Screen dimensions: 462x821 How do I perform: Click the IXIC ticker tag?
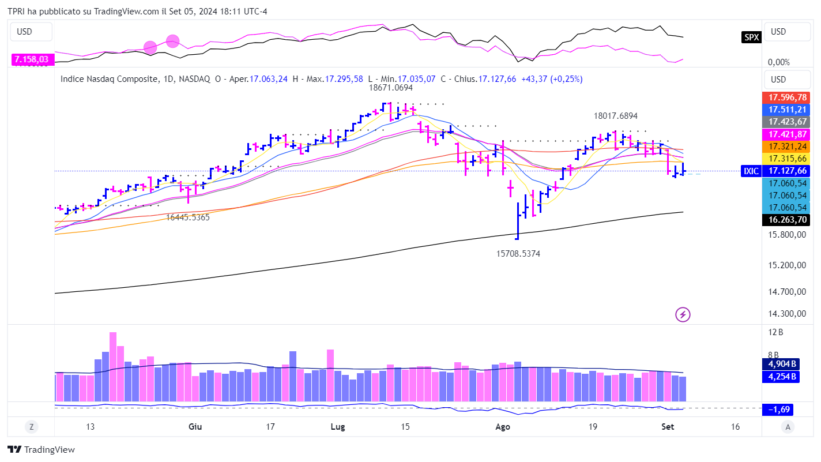(x=751, y=171)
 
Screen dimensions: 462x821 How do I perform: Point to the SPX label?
(x=751, y=37)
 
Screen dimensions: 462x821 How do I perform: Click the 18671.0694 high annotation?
(x=391, y=88)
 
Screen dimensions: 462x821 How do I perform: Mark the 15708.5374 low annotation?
(x=518, y=253)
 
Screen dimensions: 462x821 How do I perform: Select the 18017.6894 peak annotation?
(x=616, y=116)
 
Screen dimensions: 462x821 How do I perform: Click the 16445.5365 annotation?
(x=188, y=217)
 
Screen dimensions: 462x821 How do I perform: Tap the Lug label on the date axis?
(x=337, y=427)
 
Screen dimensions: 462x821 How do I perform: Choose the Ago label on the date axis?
(x=503, y=427)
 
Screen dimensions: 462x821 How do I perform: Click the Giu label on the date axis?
(x=195, y=427)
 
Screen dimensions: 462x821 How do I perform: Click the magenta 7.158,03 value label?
(x=31, y=59)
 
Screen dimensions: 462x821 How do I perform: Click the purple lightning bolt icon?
(x=683, y=314)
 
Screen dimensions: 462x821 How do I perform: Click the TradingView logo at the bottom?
(x=42, y=449)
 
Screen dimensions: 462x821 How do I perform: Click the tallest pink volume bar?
(x=113, y=366)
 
